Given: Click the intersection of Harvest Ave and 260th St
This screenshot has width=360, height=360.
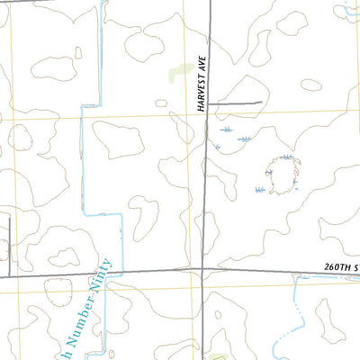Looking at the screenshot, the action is tap(203, 268).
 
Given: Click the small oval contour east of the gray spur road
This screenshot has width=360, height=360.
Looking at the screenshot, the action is tap(310, 85).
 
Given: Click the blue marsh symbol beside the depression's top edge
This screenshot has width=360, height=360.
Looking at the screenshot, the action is tap(286, 157).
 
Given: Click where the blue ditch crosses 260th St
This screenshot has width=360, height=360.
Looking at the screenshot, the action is tap(106, 271).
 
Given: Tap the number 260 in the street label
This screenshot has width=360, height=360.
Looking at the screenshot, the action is tap(334, 267).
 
